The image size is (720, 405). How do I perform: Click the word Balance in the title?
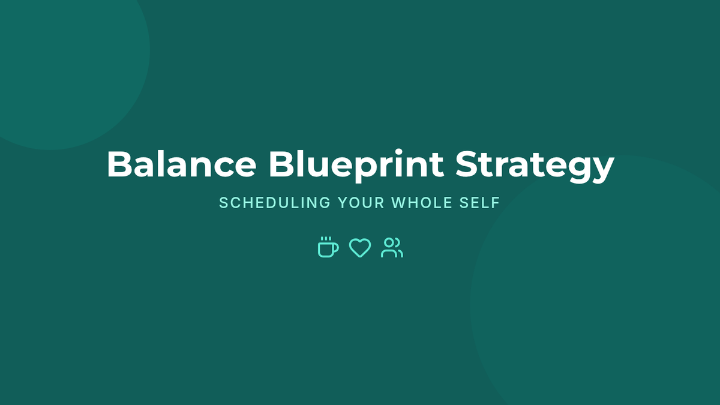182,164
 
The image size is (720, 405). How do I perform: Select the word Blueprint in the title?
356,165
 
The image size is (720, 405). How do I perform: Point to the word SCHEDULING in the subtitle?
275,203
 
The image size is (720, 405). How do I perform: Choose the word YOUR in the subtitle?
361,203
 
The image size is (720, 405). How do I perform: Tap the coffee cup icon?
328,247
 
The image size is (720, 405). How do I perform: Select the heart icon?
360,248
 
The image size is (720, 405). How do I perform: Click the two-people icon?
392,247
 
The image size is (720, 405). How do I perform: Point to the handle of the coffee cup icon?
336,248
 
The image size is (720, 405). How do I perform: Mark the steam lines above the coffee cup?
326,239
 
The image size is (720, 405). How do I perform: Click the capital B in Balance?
119,164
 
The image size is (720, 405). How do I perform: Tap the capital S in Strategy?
467,164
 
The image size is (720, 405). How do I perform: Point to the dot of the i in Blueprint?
399,152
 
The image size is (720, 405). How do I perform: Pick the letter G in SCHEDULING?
325,203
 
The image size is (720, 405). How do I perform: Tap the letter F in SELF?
496,203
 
